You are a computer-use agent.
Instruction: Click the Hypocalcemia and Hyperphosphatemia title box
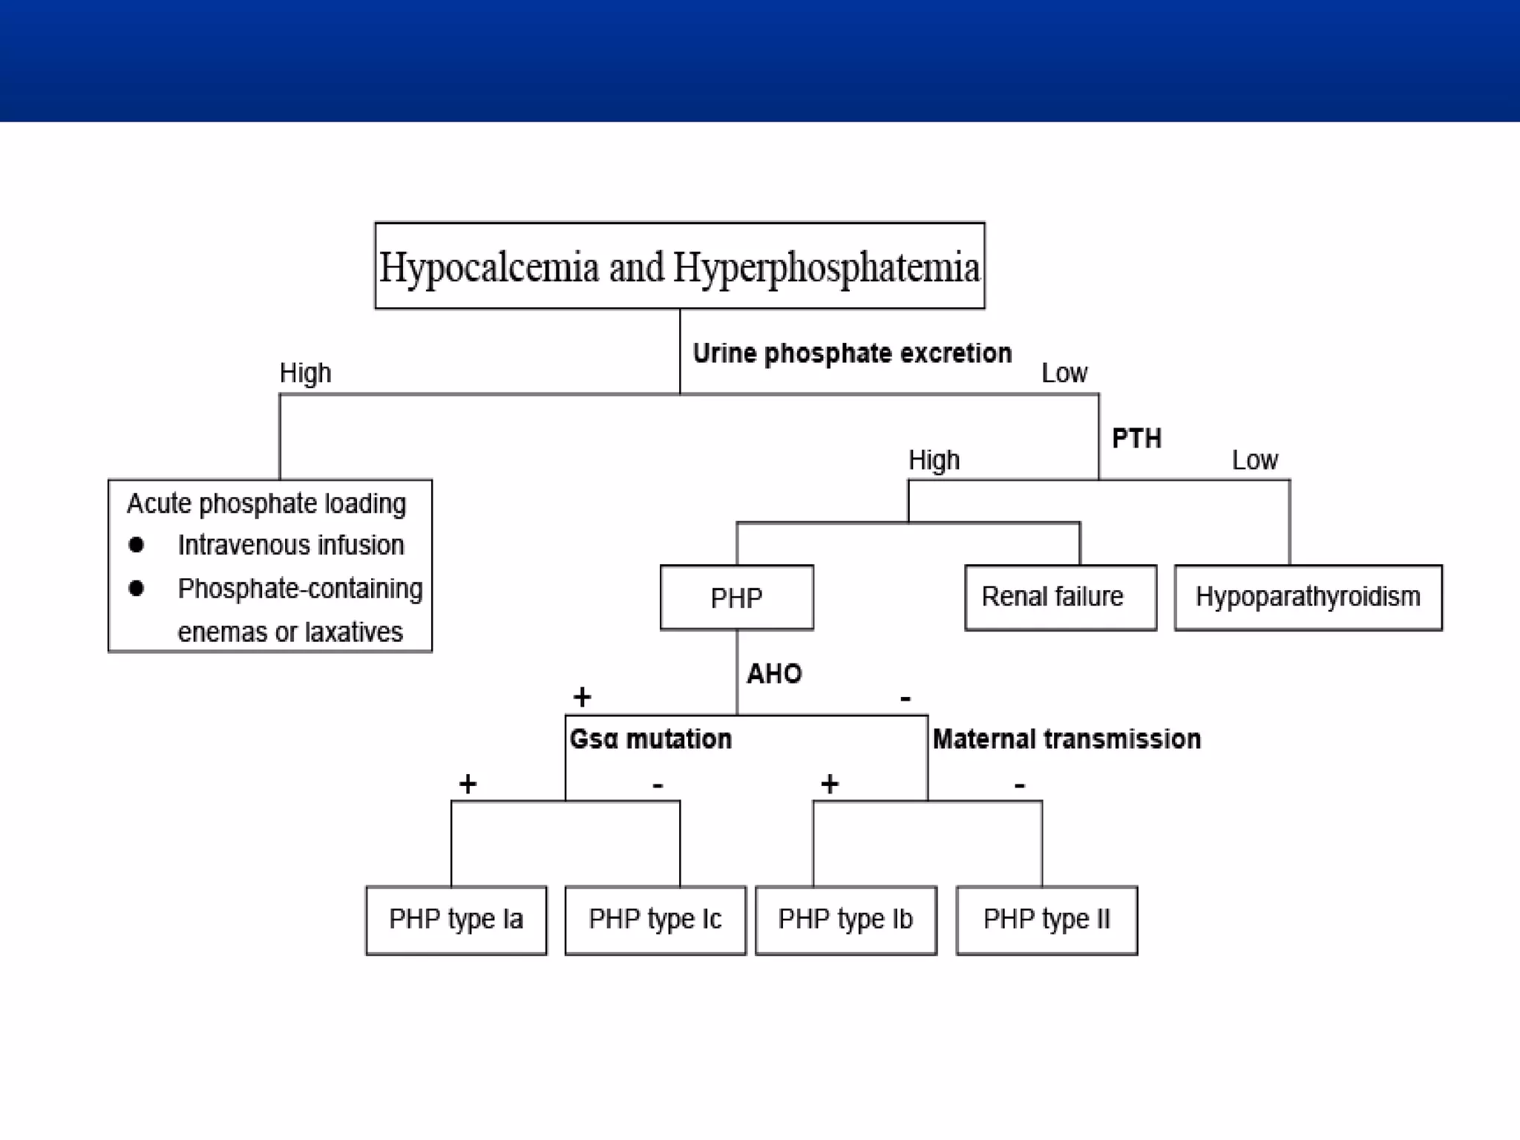coord(679,266)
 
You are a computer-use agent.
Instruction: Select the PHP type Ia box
coord(456,920)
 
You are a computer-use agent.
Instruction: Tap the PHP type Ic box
coord(655,920)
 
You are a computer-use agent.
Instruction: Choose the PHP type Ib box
coord(845,920)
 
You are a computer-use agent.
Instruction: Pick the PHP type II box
coord(1046,920)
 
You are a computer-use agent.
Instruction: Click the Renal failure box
coord(1060,597)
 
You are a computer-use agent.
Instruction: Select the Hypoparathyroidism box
coord(1308,597)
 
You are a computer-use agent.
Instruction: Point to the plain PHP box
coord(736,597)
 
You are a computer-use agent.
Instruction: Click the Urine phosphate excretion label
coord(852,353)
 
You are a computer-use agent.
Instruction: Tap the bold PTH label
coord(1136,439)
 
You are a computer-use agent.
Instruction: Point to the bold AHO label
coord(774,674)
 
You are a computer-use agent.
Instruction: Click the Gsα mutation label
coord(650,739)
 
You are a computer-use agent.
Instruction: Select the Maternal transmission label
coord(1067,739)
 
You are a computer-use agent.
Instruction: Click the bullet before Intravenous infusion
coord(136,546)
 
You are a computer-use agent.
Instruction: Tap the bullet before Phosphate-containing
coord(136,589)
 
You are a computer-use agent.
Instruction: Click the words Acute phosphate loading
coord(266,504)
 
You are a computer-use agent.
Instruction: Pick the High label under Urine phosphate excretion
coord(305,373)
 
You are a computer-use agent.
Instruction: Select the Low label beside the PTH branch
coord(1255,460)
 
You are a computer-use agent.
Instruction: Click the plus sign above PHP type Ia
coord(468,784)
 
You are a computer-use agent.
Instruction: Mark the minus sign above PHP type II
coord(1020,784)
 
